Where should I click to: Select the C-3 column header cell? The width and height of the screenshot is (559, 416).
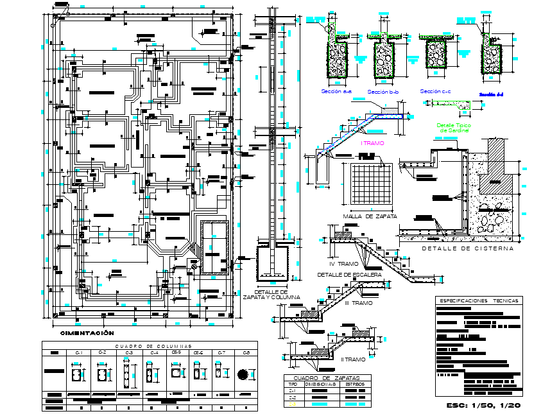tap(128, 352)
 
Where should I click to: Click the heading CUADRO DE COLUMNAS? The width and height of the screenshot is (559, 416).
tap(149, 346)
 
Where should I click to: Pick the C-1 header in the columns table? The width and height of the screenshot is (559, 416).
tap(80, 352)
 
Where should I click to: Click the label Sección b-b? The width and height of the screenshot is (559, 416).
tap(384, 92)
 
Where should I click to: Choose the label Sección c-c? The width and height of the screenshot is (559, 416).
tap(435, 92)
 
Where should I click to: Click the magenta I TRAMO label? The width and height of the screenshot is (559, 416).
tap(372, 143)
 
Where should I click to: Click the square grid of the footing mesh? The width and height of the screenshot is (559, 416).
tap(372, 184)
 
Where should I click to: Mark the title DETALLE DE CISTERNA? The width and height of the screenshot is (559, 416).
tap(467, 248)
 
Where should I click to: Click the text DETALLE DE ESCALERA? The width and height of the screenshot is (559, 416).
tap(350, 275)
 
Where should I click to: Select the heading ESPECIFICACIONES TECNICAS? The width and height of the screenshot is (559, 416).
tap(479, 300)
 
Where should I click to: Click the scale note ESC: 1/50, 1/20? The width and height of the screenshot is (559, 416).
tap(483, 406)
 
